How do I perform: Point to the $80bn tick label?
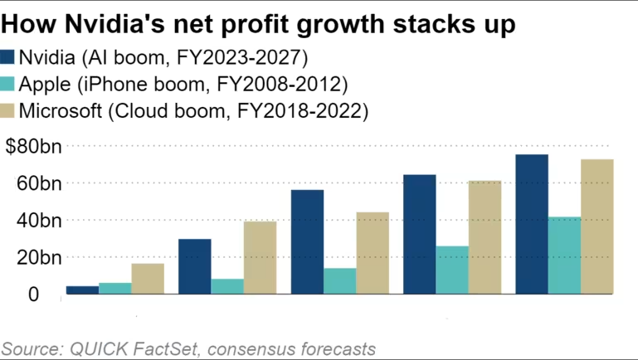(32, 147)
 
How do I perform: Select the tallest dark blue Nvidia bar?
(532, 224)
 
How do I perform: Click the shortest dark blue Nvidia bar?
(82, 289)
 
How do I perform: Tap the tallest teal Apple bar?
(564, 255)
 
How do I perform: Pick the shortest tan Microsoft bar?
(148, 278)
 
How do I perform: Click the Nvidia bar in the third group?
(307, 241)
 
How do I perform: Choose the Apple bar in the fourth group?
(452, 270)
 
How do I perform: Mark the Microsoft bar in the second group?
(260, 257)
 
